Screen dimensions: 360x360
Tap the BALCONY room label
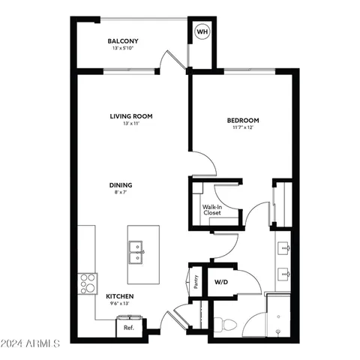click(123, 41)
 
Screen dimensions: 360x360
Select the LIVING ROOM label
click(131, 115)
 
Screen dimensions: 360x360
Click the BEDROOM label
click(243, 121)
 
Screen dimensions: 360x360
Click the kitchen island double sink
click(136, 247)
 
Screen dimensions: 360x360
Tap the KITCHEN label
click(120, 296)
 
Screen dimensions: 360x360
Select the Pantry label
click(196, 282)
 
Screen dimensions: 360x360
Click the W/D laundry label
click(221, 283)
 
